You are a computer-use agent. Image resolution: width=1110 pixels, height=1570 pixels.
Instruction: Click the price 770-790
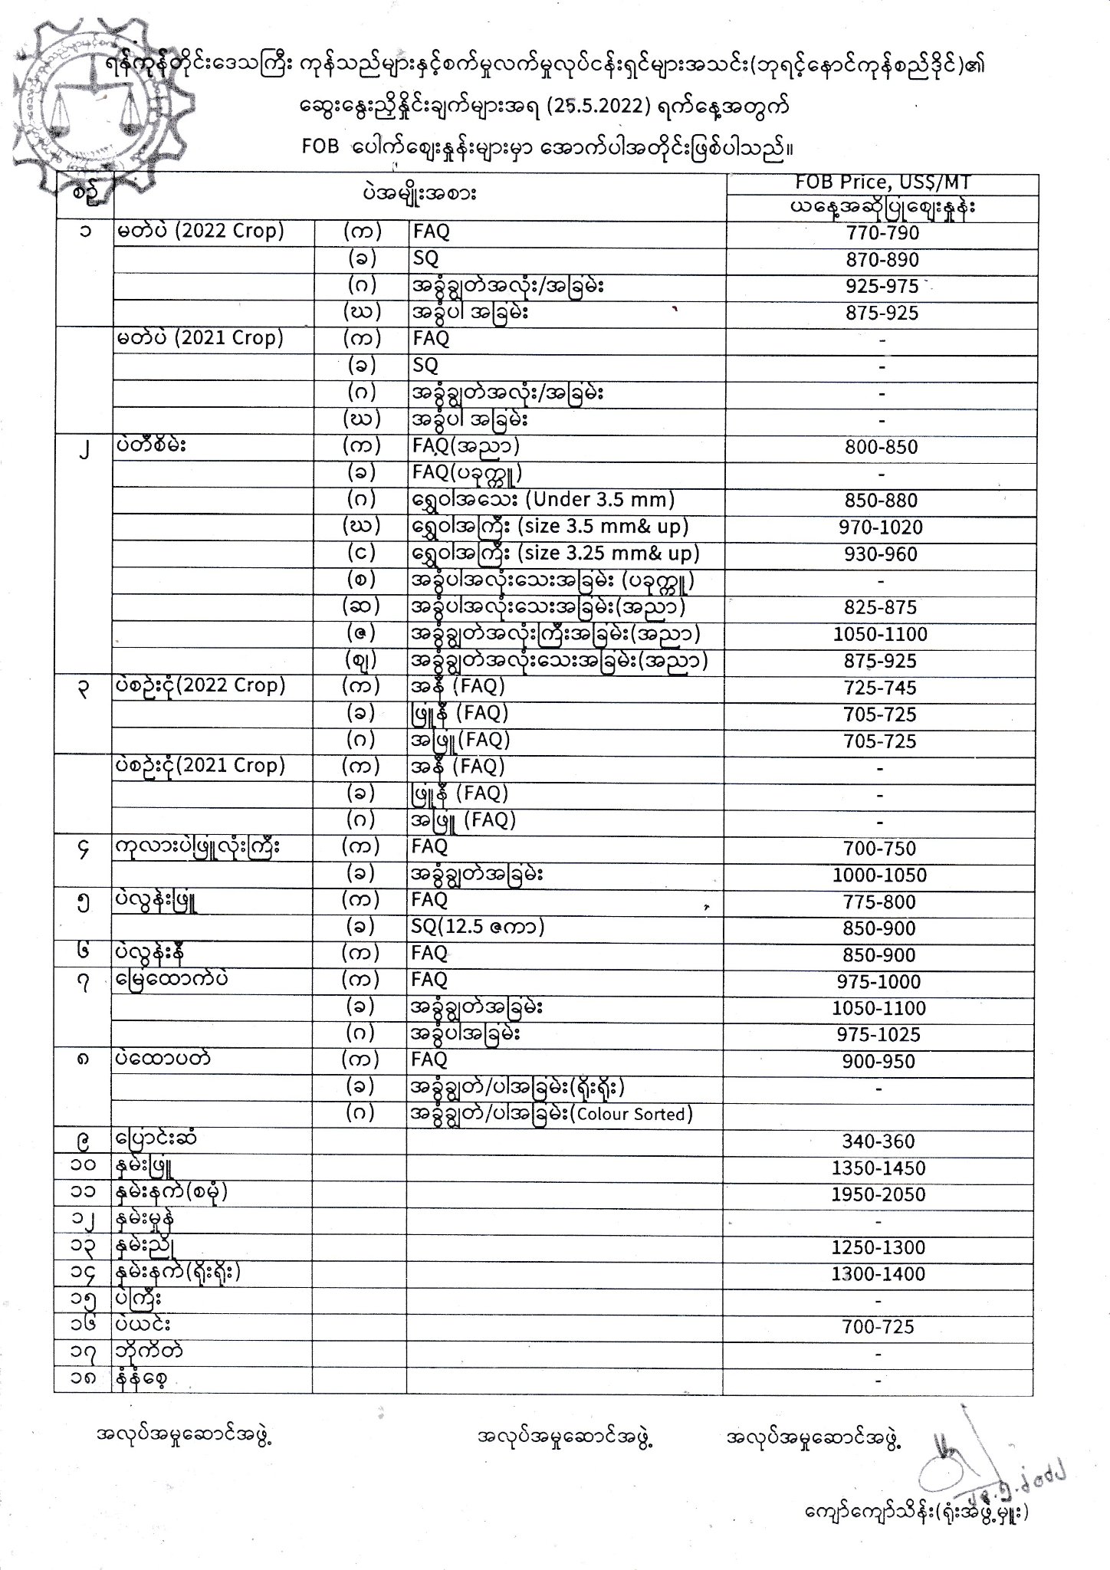[882, 233]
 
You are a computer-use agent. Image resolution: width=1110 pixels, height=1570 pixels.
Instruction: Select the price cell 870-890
[882, 260]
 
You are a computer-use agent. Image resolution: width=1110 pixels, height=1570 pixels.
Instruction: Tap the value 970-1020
[881, 527]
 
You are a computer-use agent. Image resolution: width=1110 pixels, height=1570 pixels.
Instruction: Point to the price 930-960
[881, 554]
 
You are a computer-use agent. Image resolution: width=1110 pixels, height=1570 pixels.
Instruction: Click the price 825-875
[881, 608]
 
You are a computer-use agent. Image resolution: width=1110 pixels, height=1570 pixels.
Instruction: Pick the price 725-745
[881, 688]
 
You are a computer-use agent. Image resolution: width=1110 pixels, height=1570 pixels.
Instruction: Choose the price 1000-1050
[881, 875]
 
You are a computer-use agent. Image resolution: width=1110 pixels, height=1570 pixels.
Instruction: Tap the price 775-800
[881, 902]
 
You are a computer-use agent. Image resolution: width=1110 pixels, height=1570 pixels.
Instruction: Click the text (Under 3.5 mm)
[596, 501]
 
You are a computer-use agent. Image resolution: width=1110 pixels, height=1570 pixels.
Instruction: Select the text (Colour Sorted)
[634, 1115]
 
